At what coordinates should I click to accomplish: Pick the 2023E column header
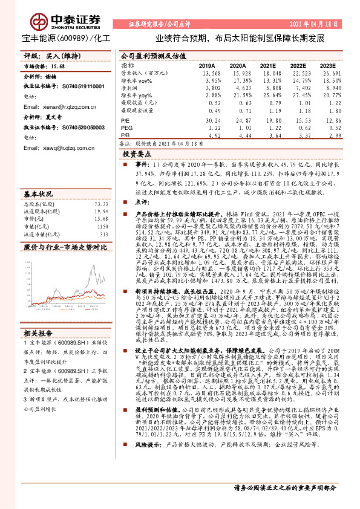click(327, 65)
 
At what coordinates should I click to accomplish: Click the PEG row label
click(126, 128)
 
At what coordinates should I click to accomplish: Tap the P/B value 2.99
click(330, 136)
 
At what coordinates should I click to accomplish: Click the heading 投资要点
click(137, 155)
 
